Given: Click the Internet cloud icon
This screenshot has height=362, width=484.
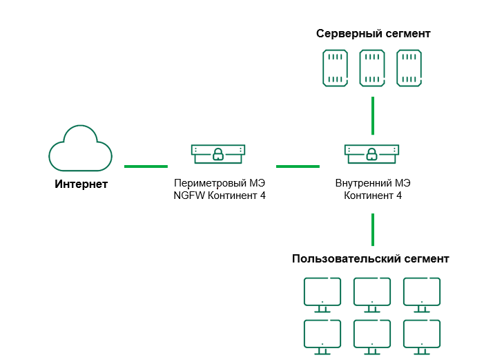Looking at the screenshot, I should click(x=80, y=148).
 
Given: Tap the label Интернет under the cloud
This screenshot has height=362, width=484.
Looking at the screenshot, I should click(x=81, y=184).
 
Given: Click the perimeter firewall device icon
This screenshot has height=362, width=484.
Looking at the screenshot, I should click(x=218, y=153).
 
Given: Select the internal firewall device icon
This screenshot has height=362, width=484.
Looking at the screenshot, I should click(x=372, y=153).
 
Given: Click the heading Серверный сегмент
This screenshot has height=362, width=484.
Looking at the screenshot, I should click(x=373, y=33).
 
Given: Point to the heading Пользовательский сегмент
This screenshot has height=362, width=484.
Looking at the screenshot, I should click(x=370, y=259).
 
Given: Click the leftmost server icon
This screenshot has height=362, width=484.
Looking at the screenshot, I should click(x=335, y=68).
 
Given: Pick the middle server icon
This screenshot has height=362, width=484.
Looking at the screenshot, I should click(x=372, y=68).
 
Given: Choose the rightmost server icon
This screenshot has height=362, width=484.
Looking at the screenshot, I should click(x=409, y=68).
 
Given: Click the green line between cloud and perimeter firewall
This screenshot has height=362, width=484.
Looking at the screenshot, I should click(x=146, y=166).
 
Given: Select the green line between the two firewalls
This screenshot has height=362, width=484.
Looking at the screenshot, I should click(x=298, y=166).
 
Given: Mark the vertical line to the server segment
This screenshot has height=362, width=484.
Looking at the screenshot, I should click(x=373, y=115).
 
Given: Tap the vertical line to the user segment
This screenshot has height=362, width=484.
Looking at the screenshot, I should click(x=373, y=229).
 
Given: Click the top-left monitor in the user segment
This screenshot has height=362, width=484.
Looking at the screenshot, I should click(x=322, y=293).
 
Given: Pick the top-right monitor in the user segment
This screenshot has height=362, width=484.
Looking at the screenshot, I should click(x=422, y=293).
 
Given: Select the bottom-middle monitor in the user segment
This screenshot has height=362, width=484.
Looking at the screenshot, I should click(x=372, y=335).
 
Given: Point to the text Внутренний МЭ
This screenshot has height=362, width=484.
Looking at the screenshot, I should click(x=373, y=184).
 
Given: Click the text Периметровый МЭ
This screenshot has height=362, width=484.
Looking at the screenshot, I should click(x=220, y=184).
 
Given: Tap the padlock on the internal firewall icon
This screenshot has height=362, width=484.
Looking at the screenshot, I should click(x=372, y=153).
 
